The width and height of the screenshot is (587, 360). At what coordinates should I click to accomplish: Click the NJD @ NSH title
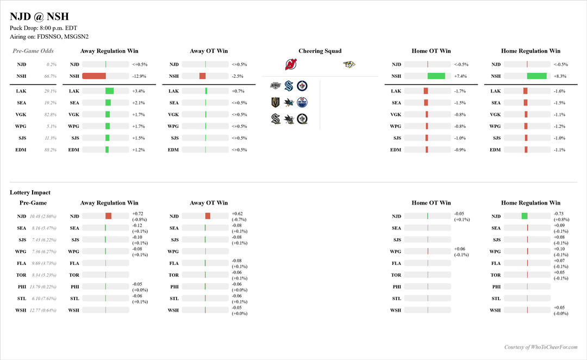tap(39, 17)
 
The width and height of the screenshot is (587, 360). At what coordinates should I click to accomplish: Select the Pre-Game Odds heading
tap(33, 51)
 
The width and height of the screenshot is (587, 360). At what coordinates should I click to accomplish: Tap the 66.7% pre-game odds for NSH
tap(50, 76)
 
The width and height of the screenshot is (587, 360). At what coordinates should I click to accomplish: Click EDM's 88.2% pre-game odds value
tap(50, 150)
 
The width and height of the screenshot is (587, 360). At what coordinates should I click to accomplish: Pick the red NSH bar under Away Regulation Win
tap(94, 76)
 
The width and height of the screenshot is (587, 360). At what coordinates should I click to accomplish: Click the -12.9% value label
tap(140, 76)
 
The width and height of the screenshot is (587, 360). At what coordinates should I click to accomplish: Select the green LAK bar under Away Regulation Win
tap(109, 91)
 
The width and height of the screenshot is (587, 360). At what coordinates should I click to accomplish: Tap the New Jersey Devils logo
tap(291, 65)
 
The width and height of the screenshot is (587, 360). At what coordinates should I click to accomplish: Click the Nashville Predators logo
tap(349, 65)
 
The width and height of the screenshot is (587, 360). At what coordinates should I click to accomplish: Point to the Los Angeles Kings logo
tap(276, 86)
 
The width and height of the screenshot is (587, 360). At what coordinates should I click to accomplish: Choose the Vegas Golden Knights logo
tap(276, 102)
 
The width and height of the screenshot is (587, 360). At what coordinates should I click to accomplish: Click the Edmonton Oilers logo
tap(302, 102)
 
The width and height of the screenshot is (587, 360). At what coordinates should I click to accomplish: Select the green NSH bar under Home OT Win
tap(436, 76)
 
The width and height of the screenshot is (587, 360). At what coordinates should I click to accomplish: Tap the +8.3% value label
tap(560, 76)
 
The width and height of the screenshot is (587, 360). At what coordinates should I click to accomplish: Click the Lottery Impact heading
tap(30, 193)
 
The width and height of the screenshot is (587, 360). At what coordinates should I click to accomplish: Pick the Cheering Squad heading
tap(320, 51)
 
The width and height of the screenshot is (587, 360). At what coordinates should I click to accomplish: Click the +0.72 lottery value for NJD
tap(138, 214)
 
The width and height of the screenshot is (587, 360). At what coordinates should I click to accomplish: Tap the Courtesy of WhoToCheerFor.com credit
tap(540, 347)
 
